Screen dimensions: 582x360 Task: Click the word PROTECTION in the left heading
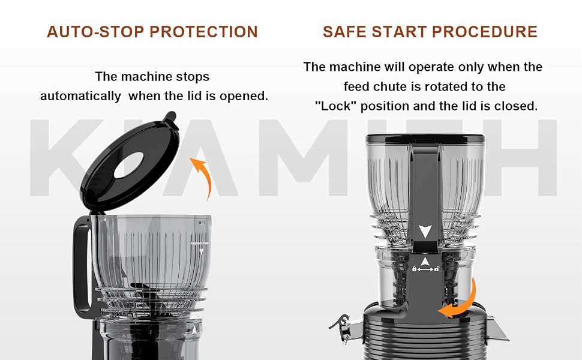coord(204,32)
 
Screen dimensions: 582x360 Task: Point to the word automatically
coord(80,96)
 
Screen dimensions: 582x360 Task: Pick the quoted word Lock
coord(335,106)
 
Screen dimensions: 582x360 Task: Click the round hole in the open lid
coord(129,165)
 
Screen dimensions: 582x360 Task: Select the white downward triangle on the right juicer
coord(425,231)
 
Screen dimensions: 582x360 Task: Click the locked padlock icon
coord(414,269)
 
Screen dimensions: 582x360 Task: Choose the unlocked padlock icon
coord(437,269)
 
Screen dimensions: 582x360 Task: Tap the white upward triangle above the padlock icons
coord(425,262)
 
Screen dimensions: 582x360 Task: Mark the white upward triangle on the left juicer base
coord(194,330)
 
